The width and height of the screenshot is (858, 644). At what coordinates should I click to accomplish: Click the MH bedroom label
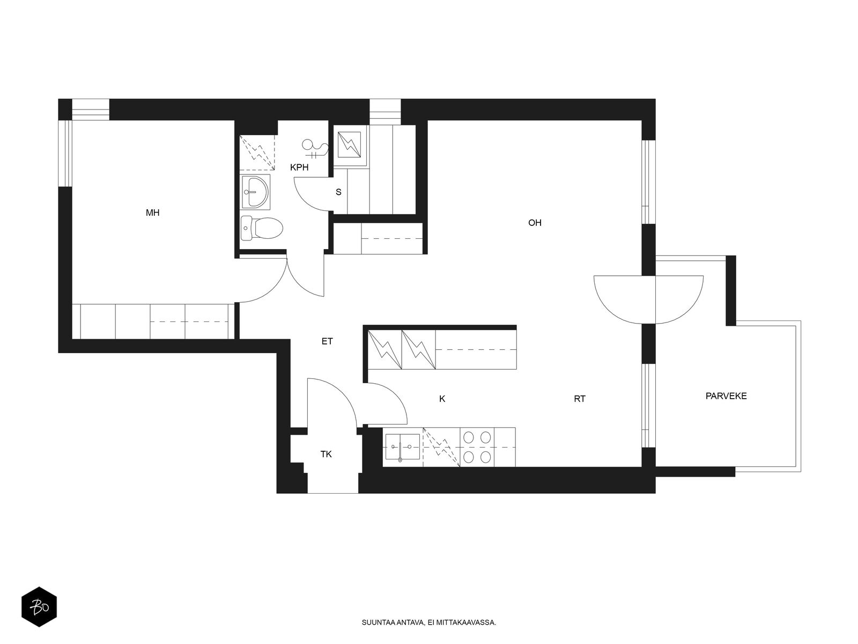pyautogui.click(x=152, y=213)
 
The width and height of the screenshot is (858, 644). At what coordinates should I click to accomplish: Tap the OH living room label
pyautogui.click(x=535, y=223)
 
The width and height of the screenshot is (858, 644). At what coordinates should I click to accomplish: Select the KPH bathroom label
pyautogui.click(x=299, y=167)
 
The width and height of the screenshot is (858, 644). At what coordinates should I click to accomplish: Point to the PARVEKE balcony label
pyautogui.click(x=726, y=396)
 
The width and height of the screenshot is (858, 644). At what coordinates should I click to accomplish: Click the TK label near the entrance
pyautogui.click(x=326, y=455)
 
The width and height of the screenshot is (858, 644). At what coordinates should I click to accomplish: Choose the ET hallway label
pyautogui.click(x=327, y=341)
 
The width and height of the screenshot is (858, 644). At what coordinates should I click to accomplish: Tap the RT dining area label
pyautogui.click(x=580, y=399)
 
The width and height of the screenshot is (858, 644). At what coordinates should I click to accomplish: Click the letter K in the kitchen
pyautogui.click(x=442, y=399)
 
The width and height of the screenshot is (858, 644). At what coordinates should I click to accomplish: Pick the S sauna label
pyautogui.click(x=338, y=192)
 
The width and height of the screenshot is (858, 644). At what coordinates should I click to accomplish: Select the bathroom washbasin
pyautogui.click(x=255, y=192)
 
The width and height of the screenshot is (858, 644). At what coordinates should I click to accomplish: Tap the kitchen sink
pyautogui.click(x=402, y=447)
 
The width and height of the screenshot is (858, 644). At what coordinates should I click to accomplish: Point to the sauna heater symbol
pyautogui.click(x=349, y=144)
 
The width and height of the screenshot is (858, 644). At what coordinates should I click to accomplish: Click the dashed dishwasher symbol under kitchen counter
pyautogui.click(x=441, y=447)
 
